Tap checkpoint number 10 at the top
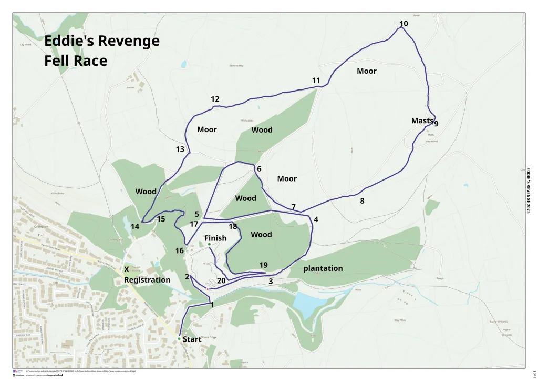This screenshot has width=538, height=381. [403, 24]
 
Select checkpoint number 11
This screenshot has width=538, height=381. [316, 81]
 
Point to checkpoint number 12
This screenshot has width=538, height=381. [215, 99]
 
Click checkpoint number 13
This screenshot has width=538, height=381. [180, 149]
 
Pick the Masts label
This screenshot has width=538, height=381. [422, 121]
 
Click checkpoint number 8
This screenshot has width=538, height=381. [362, 200]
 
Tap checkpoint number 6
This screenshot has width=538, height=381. [259, 169]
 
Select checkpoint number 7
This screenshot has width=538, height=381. [293, 207]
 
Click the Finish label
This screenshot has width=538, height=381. [215, 238]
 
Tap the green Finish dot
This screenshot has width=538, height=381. [209, 245]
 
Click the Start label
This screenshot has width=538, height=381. [192, 339]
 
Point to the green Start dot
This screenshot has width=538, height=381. [179, 338]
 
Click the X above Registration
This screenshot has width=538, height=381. [127, 269]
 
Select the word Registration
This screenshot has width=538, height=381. [147, 280]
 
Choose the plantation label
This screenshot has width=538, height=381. [323, 268]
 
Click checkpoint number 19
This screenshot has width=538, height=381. [264, 265]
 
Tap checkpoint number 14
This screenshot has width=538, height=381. [135, 227]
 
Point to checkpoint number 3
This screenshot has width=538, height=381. [271, 282]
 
